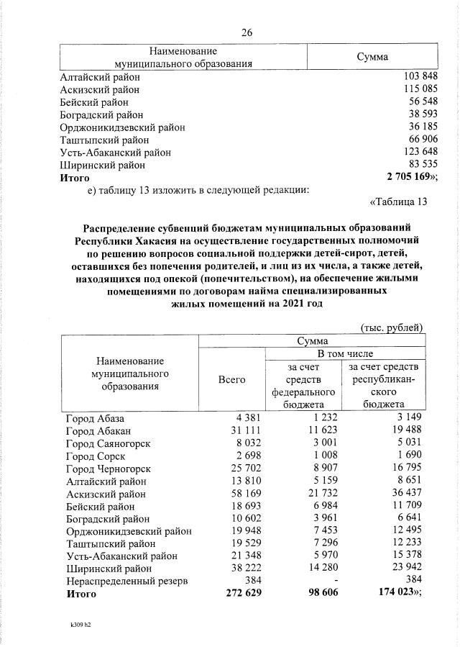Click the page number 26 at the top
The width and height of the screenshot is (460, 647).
pos(247,32)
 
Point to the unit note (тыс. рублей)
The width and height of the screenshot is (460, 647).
pos(392,327)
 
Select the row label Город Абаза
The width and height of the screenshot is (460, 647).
pos(95,419)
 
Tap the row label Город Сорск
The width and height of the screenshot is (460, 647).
pos(96,456)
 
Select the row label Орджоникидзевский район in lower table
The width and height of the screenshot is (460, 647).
pos(129,532)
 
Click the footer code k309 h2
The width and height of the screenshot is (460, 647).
pos(76,625)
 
